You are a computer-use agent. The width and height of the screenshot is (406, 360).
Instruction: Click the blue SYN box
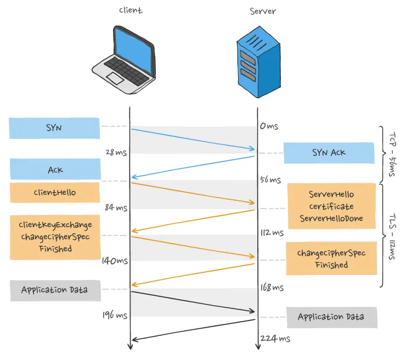(x=54, y=128)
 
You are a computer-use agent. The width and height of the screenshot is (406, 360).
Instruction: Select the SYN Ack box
(x=329, y=153)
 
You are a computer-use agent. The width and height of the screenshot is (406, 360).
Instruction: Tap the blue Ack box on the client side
(x=55, y=170)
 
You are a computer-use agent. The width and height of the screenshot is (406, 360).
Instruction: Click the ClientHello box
(x=55, y=193)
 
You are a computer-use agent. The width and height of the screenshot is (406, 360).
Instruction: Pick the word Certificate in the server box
(x=331, y=206)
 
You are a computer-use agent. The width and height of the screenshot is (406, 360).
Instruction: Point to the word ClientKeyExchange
(x=55, y=224)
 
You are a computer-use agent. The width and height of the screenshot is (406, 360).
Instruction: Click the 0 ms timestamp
(x=269, y=126)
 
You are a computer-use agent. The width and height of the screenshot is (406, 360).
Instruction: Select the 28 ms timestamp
(x=116, y=153)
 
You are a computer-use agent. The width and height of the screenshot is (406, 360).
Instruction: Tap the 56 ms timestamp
(x=270, y=179)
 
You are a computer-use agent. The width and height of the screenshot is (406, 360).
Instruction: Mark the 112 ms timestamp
(x=272, y=233)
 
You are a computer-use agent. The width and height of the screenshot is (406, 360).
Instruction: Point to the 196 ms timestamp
(x=115, y=315)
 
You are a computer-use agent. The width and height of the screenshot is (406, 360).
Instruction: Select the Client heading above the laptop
(x=130, y=10)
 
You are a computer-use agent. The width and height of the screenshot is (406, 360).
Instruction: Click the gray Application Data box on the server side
(x=331, y=317)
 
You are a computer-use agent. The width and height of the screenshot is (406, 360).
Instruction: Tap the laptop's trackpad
(x=114, y=78)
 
